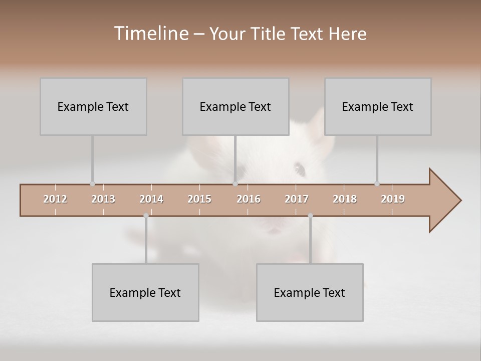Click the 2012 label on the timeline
tap(55, 199)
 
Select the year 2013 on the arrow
tap(103, 199)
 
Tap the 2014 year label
tap(151, 199)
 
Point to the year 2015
tap(199, 199)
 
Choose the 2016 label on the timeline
tap(249, 199)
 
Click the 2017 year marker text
tap(297, 199)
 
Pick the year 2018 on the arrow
tap(345, 199)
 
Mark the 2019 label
tap(393, 199)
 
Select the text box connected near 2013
tap(93, 106)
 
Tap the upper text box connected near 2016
tap(235, 106)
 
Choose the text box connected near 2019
tap(378, 106)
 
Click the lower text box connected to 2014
tap(145, 292)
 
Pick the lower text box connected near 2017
tap(310, 292)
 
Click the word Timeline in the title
tap(151, 34)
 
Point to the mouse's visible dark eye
tap(300, 169)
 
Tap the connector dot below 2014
tap(146, 216)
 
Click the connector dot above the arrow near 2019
tap(377, 184)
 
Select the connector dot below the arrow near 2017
tap(310, 216)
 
